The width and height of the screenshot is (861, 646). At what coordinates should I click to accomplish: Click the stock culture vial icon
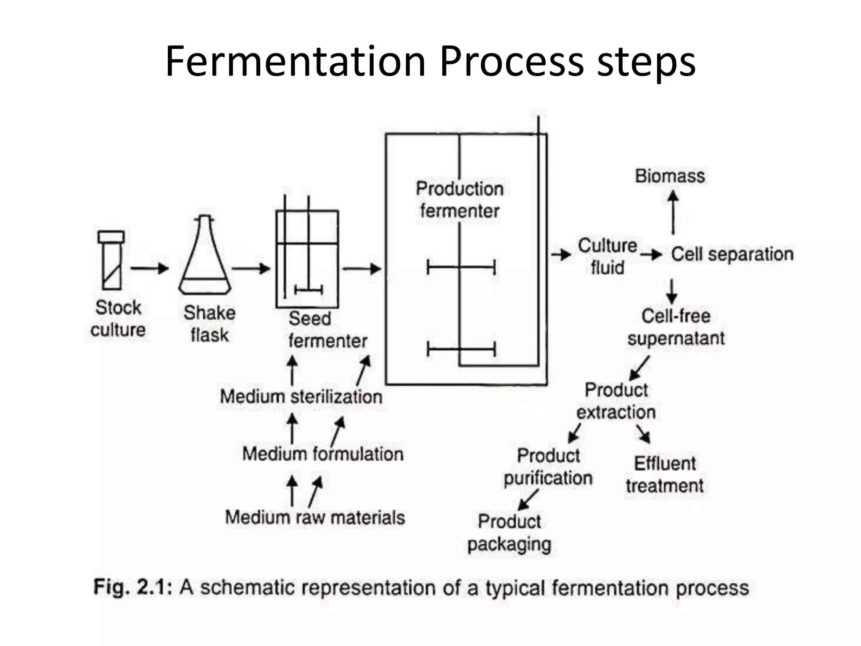[x=111, y=261]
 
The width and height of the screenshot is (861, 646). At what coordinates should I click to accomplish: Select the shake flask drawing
[x=205, y=257]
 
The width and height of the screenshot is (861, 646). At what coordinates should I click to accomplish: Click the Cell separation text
[x=732, y=254]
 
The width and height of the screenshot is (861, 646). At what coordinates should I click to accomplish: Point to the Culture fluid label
[x=607, y=257]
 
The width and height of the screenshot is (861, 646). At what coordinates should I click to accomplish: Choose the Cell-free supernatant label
[x=676, y=327]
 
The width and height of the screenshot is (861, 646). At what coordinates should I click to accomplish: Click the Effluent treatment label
[x=665, y=475]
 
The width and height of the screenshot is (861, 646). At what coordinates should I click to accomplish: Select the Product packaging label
[x=509, y=533]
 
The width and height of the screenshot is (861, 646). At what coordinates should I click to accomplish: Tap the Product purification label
[x=548, y=467]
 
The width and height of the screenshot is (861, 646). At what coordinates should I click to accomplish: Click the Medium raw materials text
[x=315, y=518]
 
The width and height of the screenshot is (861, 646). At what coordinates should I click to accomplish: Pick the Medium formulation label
[x=323, y=454]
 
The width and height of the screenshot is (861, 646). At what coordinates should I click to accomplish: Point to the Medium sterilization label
[x=301, y=397]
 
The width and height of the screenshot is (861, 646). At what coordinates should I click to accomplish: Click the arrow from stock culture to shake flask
[x=149, y=268]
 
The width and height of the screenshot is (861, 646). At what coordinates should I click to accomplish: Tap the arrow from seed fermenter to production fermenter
[x=362, y=268]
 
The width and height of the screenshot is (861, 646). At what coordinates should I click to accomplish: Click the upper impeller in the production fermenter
[x=461, y=267]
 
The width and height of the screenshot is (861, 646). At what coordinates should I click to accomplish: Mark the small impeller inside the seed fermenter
[x=309, y=289]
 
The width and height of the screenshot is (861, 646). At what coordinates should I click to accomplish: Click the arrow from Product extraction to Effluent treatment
[x=643, y=434]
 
